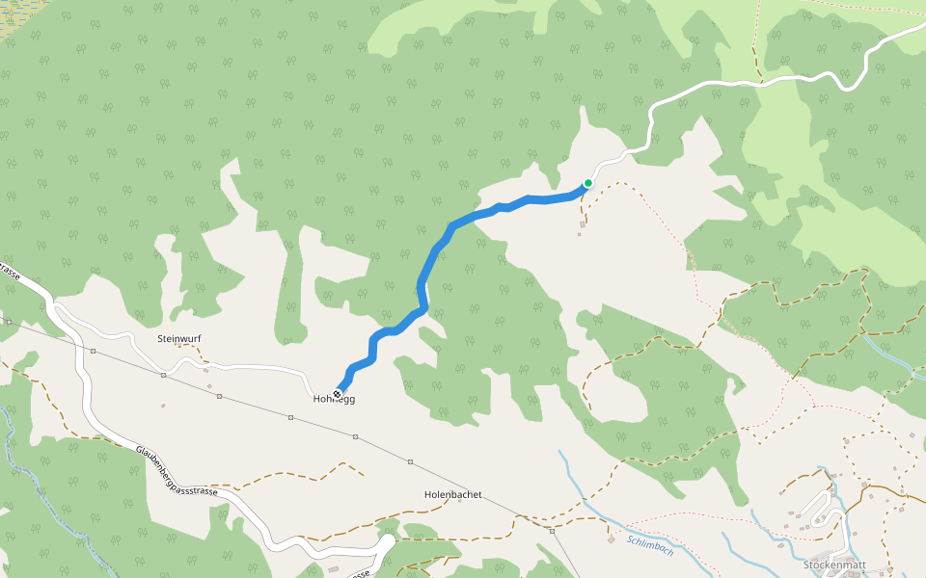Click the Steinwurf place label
click(x=177, y=339)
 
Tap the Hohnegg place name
click(x=335, y=399)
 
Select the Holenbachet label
click(x=452, y=494)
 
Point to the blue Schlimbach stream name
click(x=650, y=544)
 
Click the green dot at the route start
click(x=588, y=183)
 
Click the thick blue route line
click(x=422, y=279)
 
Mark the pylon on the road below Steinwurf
click(x=164, y=375)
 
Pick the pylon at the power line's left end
click(x=9, y=322)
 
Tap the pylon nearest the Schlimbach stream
click(x=552, y=530)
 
